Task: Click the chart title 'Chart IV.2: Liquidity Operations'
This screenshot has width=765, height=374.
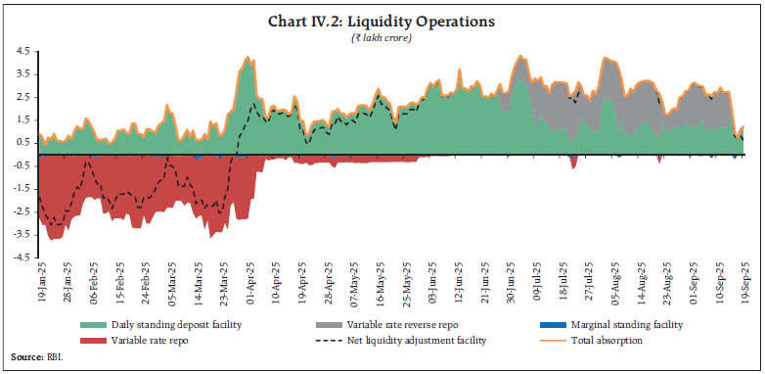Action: [x=382, y=21]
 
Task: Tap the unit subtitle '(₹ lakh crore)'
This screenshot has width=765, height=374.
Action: [x=382, y=36]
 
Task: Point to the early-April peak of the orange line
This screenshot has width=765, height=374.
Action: [x=248, y=57]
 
